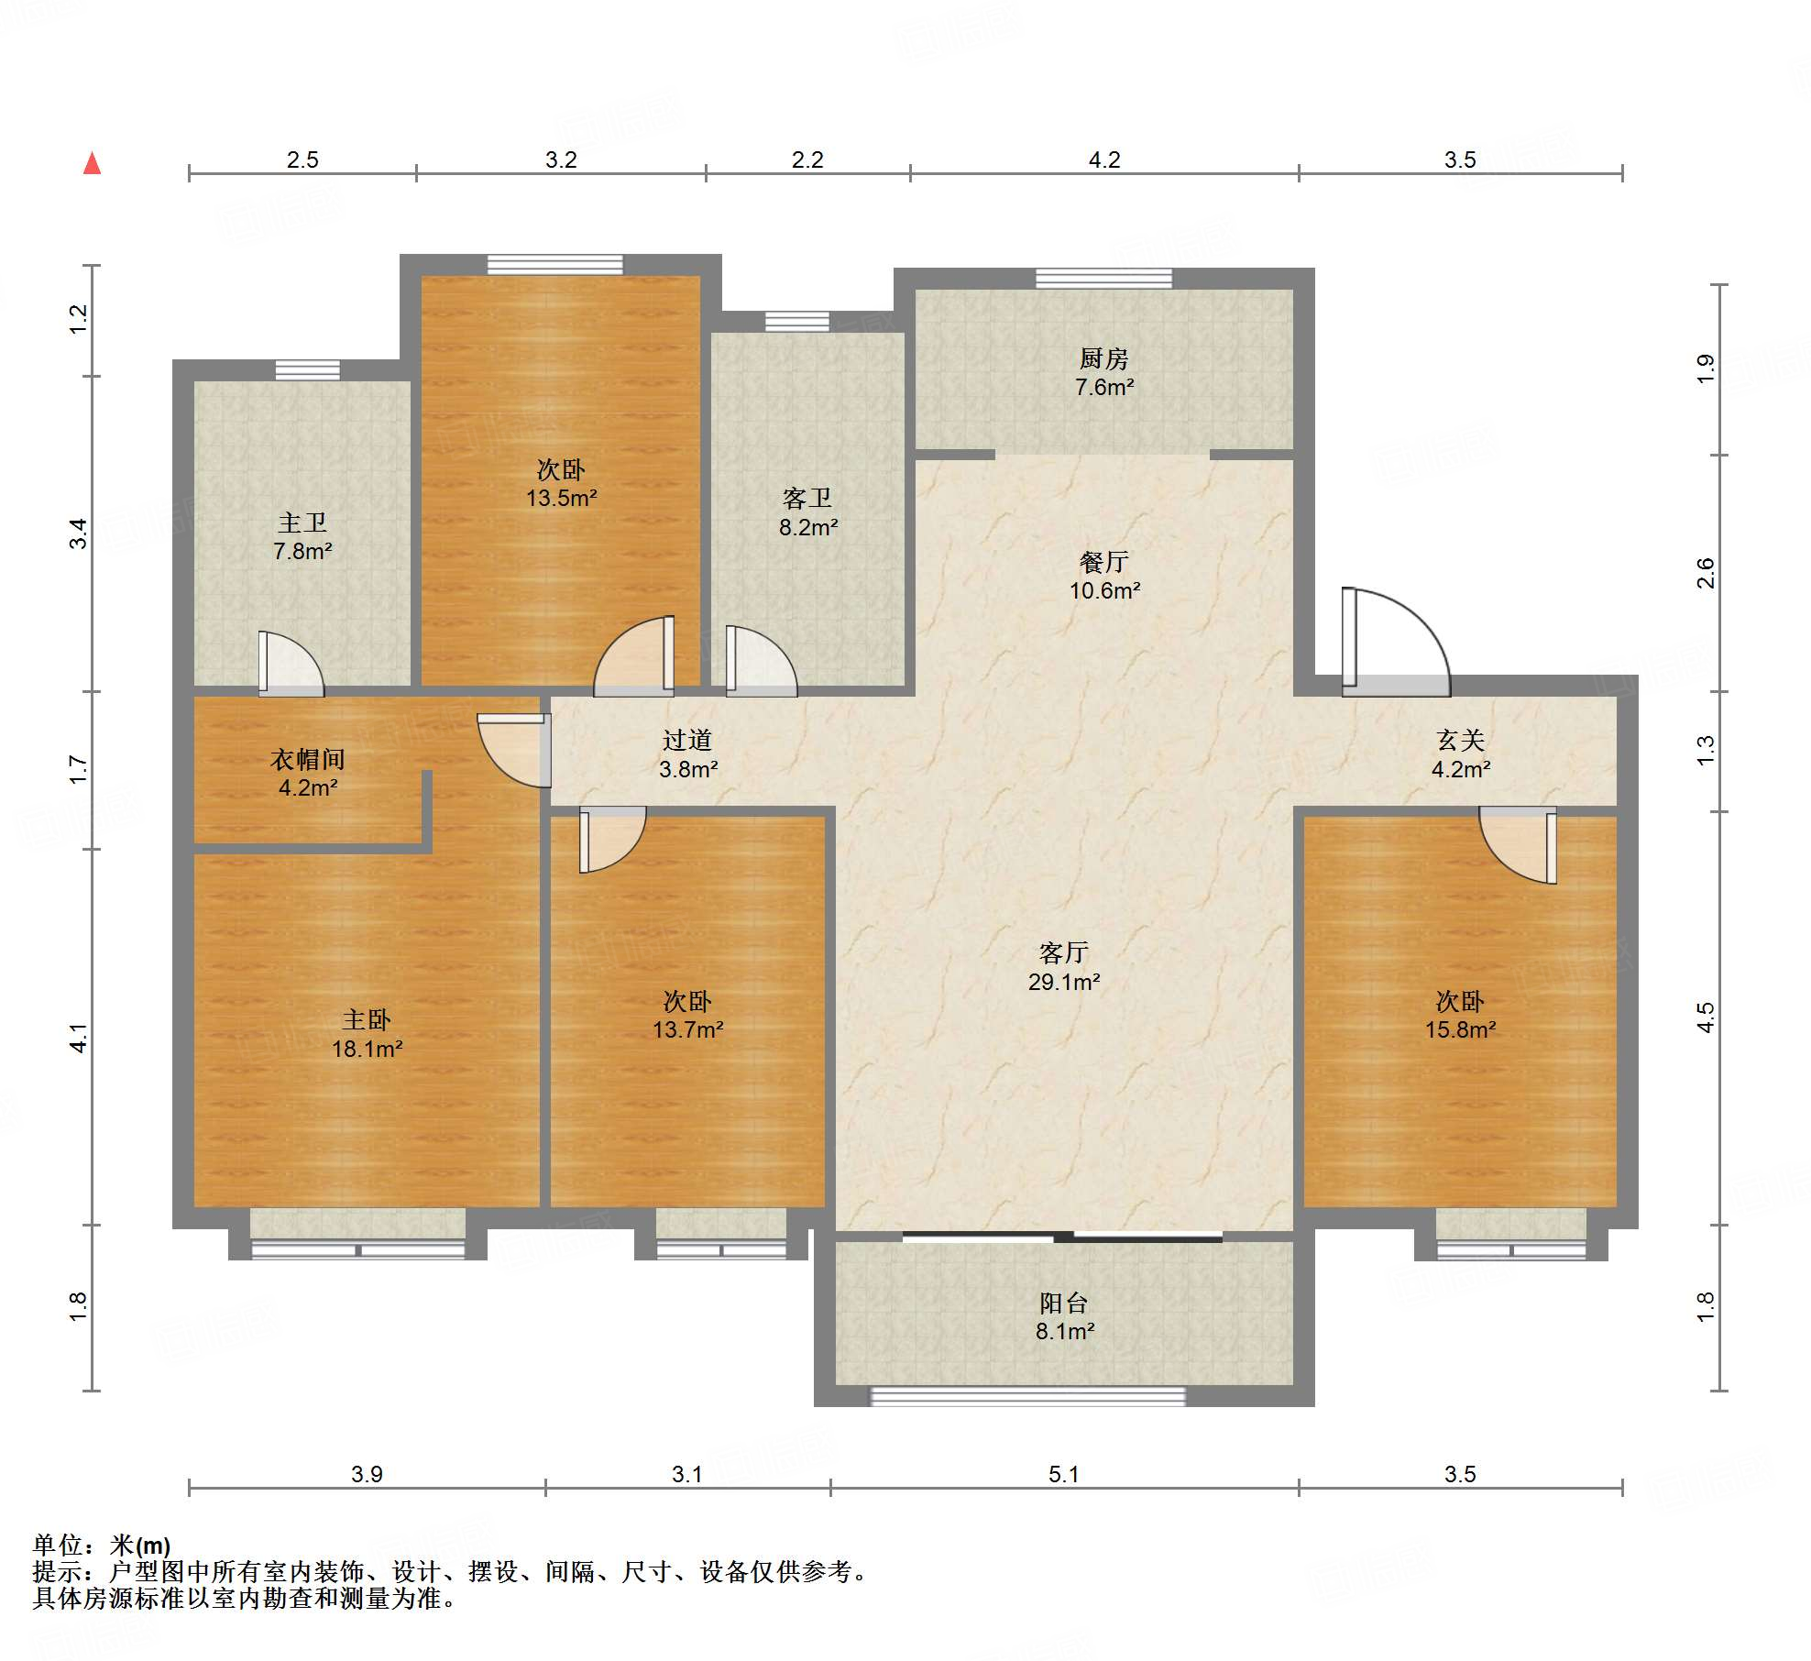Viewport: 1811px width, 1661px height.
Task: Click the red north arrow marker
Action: pyautogui.click(x=92, y=163)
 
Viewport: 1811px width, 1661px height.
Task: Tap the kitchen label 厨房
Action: pyautogui.click(x=1103, y=358)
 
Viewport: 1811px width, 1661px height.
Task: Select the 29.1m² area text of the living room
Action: pyautogui.click(x=1063, y=982)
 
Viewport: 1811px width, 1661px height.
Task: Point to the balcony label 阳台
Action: pyautogui.click(x=1063, y=1303)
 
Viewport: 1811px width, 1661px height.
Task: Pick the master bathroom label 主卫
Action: pyautogui.click(x=302, y=522)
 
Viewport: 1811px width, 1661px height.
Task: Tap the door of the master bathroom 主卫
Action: pyautogui.click(x=291, y=664)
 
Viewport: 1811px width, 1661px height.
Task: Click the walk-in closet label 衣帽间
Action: pyautogui.click(x=308, y=759)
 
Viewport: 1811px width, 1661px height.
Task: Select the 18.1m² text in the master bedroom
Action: pyautogui.click(x=367, y=1049)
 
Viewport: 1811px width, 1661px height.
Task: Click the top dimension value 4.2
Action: pyautogui.click(x=1103, y=159)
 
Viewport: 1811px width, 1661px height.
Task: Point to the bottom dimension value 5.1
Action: pyautogui.click(x=1063, y=1474)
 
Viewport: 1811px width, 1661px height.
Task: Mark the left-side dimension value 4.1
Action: pyautogui.click(x=79, y=1038)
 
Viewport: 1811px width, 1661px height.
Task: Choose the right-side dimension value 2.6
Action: pyautogui.click(x=1705, y=573)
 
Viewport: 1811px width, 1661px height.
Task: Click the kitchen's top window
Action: pyautogui.click(x=1103, y=278)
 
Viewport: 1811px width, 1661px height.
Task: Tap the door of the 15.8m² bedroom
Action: pyautogui.click(x=1518, y=845)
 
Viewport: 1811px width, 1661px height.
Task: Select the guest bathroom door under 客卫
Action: pyautogui.click(x=761, y=661)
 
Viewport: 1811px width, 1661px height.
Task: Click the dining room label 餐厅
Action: pyautogui.click(x=1103, y=562)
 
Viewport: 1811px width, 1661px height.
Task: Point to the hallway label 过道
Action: pyautogui.click(x=687, y=740)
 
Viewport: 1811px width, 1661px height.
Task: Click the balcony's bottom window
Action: pyautogui.click(x=1027, y=1396)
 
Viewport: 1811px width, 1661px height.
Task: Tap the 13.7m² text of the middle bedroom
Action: pyautogui.click(x=687, y=1029)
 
